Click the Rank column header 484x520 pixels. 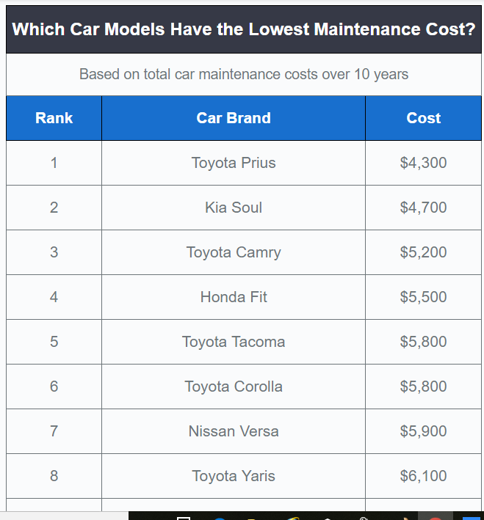click(54, 118)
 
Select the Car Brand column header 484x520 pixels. click(234, 118)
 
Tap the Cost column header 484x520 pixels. click(424, 118)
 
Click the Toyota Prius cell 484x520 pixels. click(234, 163)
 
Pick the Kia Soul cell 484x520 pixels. click(234, 208)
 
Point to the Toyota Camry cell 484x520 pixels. click(234, 252)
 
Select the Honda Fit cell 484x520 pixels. click(234, 297)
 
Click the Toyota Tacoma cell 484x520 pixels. click(234, 342)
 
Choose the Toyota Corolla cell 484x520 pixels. click(234, 387)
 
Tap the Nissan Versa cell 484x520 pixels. click(234, 431)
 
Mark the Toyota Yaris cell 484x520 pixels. click(234, 476)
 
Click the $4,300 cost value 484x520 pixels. click(423, 163)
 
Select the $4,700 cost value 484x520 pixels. click(423, 208)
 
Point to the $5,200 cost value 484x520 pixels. click(423, 252)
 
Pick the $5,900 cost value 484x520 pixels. click(423, 431)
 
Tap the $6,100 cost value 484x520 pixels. click(423, 476)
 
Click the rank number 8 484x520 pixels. click(54, 476)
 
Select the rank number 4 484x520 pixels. click(54, 297)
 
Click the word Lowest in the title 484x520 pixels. click(278, 29)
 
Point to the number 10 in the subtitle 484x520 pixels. click(362, 74)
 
